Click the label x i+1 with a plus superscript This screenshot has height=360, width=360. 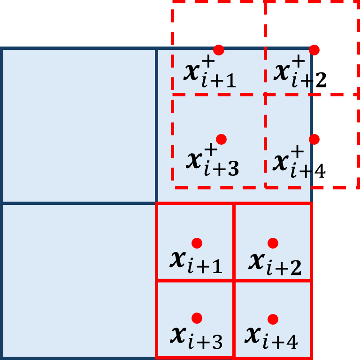point(209,74)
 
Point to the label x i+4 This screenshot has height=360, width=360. point(271,337)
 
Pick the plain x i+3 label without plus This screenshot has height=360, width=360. point(196,337)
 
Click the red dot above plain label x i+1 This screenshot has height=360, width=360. point(197,243)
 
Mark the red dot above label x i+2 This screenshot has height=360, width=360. point(273,243)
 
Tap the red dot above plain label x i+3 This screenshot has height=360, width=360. point(197,318)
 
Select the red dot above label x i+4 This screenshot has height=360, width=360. point(273,319)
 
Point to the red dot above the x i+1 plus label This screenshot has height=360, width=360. point(218,50)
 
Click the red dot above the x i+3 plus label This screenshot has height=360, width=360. point(222,139)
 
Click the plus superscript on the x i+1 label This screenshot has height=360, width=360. point(209,63)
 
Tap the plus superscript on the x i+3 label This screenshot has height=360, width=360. point(211,150)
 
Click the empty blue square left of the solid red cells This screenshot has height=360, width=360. point(79,280)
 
